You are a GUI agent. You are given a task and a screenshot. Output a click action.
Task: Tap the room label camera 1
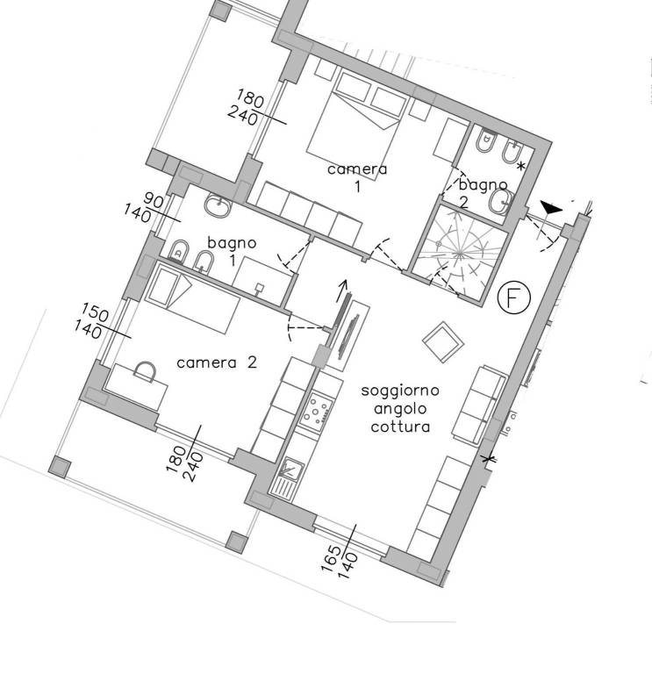tap(357, 176)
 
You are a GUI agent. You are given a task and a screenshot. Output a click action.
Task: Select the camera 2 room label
tap(217, 362)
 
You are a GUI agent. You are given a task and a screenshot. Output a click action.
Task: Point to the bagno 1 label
tap(232, 251)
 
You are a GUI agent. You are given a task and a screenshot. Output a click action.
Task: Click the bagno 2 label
tap(483, 193)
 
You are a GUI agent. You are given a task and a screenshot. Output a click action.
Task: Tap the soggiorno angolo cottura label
tap(400, 409)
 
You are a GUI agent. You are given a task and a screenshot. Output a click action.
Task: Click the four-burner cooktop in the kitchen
tap(316, 411)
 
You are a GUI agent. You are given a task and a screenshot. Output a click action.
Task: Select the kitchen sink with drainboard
tap(287, 477)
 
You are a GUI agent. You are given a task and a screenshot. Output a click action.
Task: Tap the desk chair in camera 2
tap(145, 372)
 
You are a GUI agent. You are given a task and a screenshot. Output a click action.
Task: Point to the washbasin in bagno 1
tap(219, 206)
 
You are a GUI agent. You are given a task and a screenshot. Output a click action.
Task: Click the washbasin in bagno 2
tap(500, 203)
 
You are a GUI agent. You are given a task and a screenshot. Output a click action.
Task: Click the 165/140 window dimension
tap(340, 563)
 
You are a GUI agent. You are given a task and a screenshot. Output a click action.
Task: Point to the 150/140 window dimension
tap(90, 320)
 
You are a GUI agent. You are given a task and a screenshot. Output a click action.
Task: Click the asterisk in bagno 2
tap(521, 166)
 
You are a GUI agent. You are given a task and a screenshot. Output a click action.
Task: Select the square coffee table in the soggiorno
tap(443, 342)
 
